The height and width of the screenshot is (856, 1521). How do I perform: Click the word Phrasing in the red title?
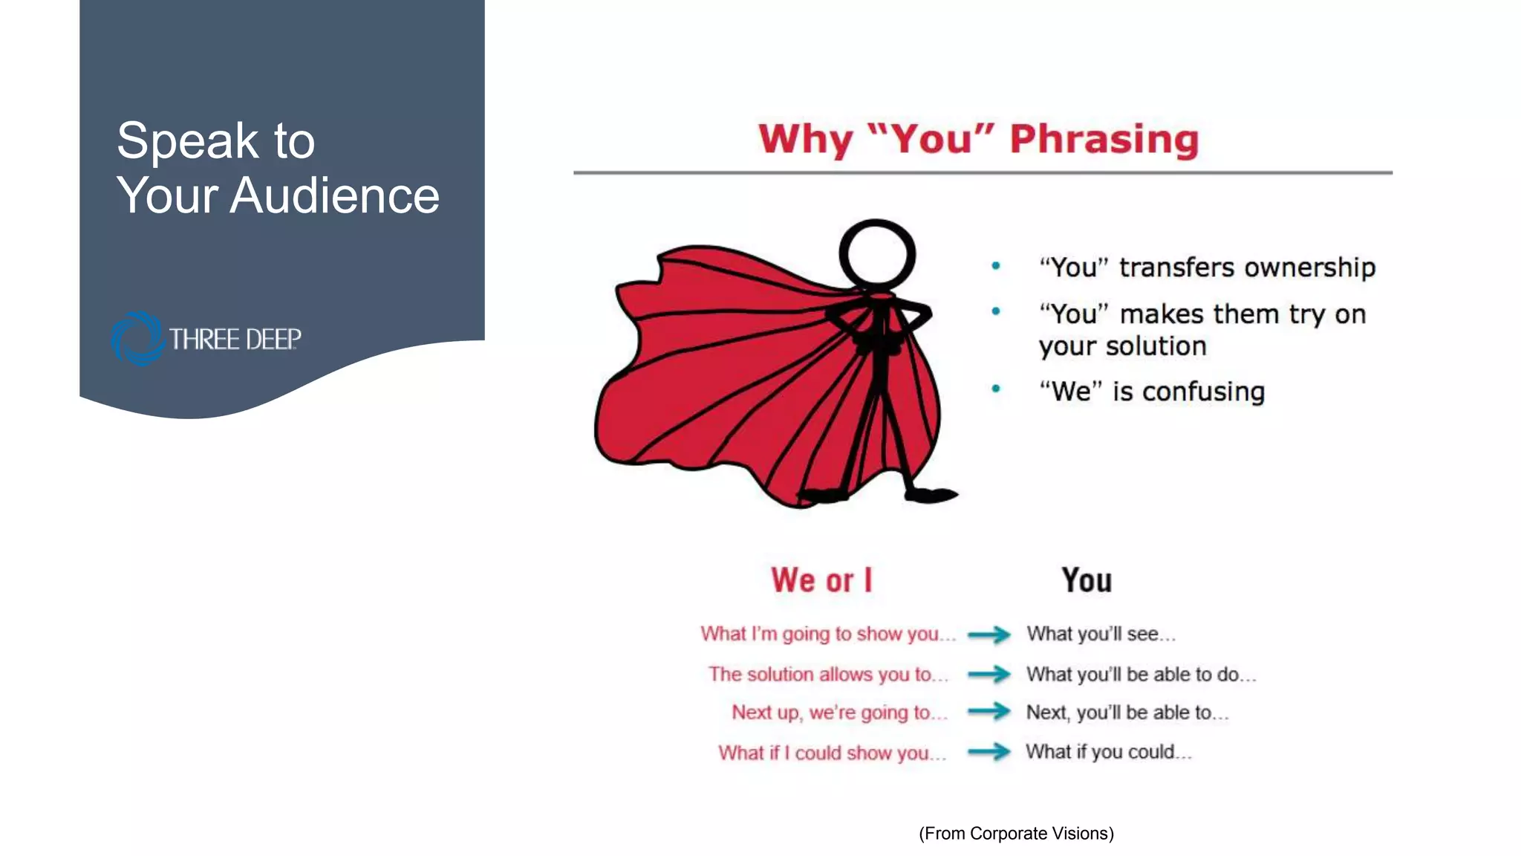tap(1104, 140)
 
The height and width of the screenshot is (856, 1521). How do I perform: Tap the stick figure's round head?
tap(877, 253)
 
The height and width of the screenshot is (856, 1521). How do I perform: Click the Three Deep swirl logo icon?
tap(137, 339)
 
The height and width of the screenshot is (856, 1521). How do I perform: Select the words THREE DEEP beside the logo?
tap(235, 340)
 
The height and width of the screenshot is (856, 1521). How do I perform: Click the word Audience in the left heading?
tap(334, 196)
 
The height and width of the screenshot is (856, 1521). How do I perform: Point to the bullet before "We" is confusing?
tap(996, 389)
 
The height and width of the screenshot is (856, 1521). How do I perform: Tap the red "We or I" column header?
tap(821, 580)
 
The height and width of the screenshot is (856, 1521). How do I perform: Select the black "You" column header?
tap(1086, 580)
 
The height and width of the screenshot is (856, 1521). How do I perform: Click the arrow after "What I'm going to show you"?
tap(989, 634)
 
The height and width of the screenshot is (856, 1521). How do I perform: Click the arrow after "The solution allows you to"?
tap(989, 674)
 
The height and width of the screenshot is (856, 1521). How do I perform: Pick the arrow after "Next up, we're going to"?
tap(989, 712)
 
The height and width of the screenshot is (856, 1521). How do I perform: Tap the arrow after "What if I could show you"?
tap(989, 752)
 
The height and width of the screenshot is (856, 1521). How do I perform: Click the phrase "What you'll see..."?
tap(1101, 634)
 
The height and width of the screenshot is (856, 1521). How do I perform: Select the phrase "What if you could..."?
tap(1108, 752)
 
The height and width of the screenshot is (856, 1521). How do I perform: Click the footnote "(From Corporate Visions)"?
tap(1016, 834)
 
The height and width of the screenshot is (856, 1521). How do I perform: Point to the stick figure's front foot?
tap(930, 495)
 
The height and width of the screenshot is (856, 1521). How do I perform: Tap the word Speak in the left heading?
tap(187, 140)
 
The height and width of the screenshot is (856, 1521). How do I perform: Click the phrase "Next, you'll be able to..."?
tap(1127, 712)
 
